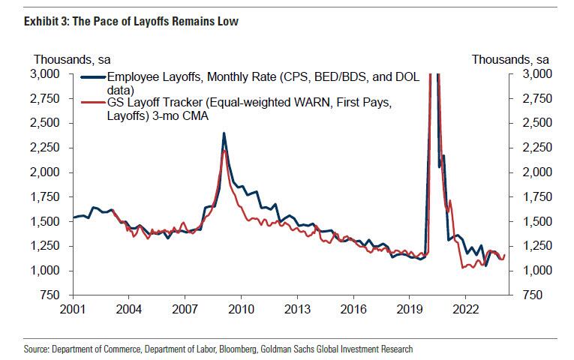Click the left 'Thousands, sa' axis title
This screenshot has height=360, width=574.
point(71,59)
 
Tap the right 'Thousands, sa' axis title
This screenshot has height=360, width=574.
point(510,59)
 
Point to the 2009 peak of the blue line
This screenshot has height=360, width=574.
point(224,133)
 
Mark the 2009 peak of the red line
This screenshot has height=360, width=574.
point(225,151)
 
